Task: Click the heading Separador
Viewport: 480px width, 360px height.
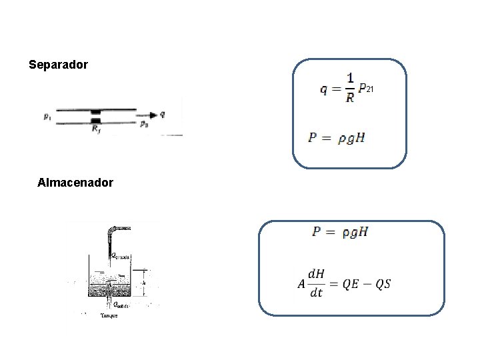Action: [x=59, y=65]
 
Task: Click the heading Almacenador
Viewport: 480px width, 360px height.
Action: [x=75, y=182]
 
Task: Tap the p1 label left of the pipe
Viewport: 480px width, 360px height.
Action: [x=47, y=118]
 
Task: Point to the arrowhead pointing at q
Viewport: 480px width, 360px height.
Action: [x=153, y=115]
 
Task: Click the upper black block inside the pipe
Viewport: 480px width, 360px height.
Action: [x=96, y=111]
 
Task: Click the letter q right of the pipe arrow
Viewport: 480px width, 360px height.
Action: [x=163, y=114]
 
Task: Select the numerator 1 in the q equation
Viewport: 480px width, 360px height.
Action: [x=350, y=79]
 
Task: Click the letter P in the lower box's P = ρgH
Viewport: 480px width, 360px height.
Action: [x=317, y=232]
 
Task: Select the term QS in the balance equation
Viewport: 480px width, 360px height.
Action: [x=383, y=284]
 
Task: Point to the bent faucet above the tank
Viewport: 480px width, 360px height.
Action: [x=111, y=233]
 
